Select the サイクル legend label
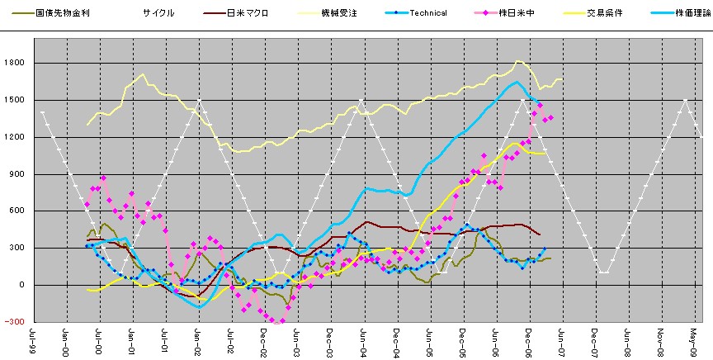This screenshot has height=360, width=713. coord(158,13)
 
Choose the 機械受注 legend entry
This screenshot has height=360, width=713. coord(340,13)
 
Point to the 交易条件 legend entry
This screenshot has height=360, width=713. coord(604,13)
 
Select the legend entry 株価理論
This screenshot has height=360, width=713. coord(688,13)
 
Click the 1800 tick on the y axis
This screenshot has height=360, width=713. coord(16,63)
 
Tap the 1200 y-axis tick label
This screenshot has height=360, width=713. coord(16,137)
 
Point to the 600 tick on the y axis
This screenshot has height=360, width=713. coord(18,211)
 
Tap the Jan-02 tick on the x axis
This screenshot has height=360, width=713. coord(198,340)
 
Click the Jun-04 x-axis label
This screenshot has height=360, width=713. coord(363,340)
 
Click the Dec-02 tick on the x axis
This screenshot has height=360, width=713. coord(264,340)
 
